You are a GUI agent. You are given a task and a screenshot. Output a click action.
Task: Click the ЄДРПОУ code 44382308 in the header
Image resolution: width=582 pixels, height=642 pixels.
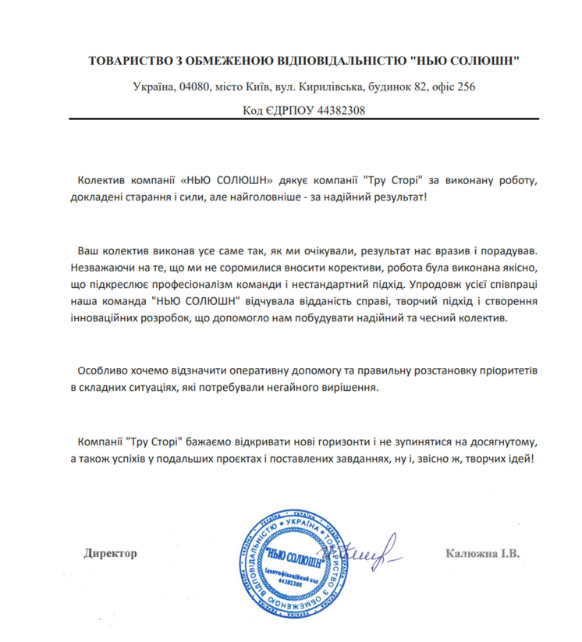pyautogui.click(x=340, y=112)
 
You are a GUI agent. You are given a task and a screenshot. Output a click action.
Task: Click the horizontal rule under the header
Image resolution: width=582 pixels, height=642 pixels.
pyautogui.click(x=303, y=119)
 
